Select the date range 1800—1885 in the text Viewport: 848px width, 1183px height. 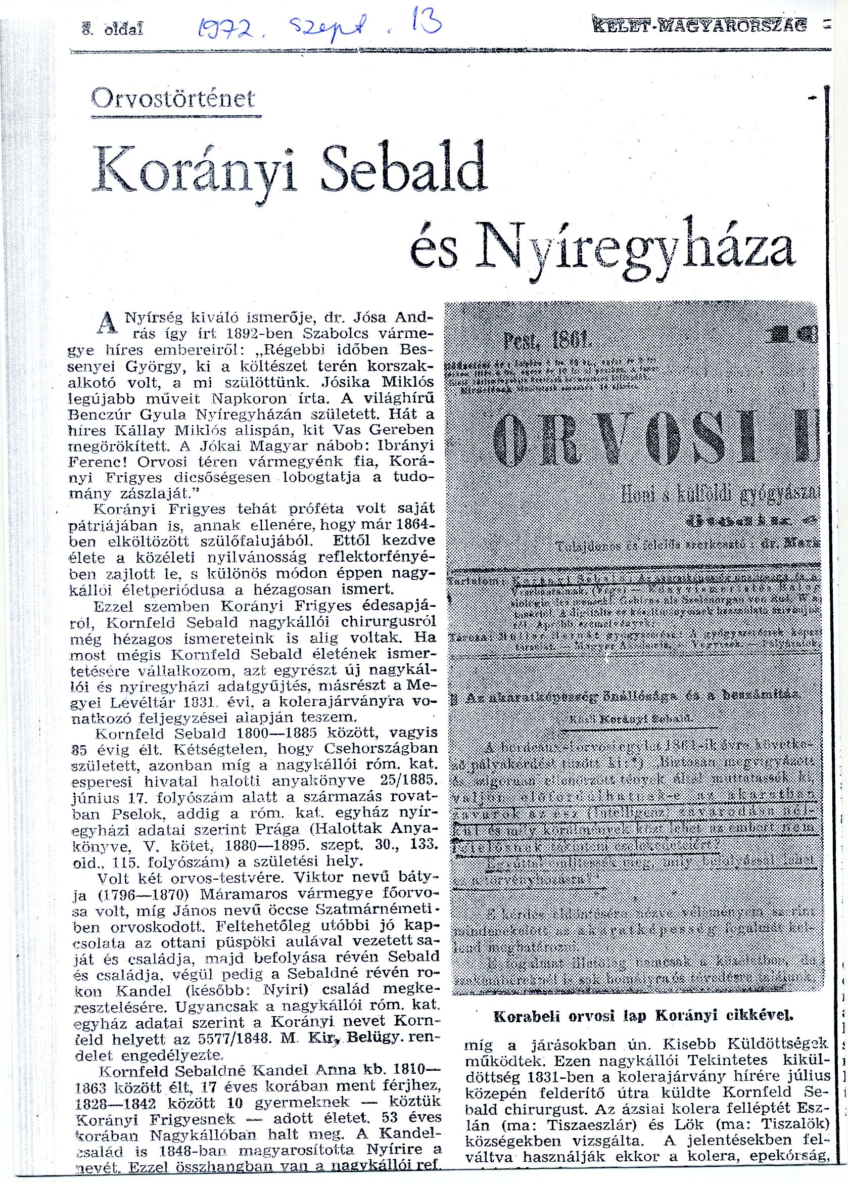(x=277, y=734)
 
